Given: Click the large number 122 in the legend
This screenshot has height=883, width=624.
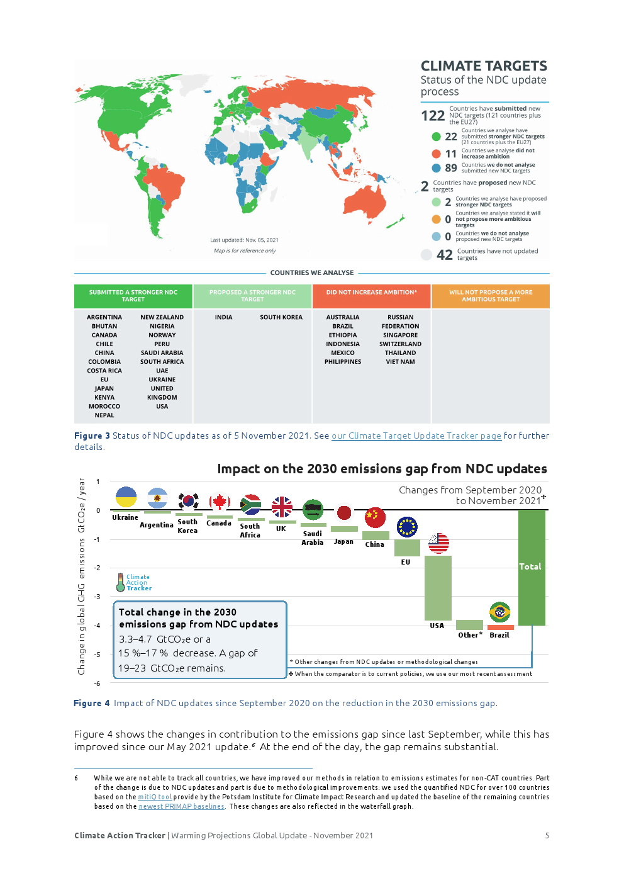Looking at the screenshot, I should (433, 116).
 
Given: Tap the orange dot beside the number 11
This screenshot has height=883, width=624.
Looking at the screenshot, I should (436, 154).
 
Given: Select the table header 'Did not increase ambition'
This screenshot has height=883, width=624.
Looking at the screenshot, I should (371, 293).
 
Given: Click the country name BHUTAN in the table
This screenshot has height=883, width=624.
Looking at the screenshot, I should (104, 326).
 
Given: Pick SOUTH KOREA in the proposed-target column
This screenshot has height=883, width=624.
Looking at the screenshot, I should (281, 317).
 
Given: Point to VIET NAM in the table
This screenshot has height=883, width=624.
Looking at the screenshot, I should (400, 362).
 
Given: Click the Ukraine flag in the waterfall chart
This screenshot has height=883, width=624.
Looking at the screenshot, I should (126, 497).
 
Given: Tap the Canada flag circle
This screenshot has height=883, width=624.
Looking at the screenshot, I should (219, 502).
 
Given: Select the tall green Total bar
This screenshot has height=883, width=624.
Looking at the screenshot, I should (532, 566).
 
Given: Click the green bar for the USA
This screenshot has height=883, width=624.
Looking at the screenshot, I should (438, 588).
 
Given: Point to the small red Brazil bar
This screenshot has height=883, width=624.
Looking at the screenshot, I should (501, 627).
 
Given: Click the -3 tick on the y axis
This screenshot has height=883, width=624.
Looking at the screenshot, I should (97, 597).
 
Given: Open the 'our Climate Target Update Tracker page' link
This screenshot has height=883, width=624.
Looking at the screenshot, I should (416, 436).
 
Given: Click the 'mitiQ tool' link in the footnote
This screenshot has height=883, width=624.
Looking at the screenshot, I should (155, 797).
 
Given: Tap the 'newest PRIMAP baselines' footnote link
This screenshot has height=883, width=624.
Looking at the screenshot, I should (181, 806).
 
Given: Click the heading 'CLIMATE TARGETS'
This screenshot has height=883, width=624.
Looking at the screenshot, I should (484, 66).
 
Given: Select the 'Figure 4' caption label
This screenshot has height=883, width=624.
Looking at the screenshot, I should (92, 703).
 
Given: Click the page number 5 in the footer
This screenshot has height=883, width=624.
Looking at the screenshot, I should (547, 836).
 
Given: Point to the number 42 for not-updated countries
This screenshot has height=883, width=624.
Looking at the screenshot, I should (445, 255).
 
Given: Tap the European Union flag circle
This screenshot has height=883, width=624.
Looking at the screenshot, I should (407, 527).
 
